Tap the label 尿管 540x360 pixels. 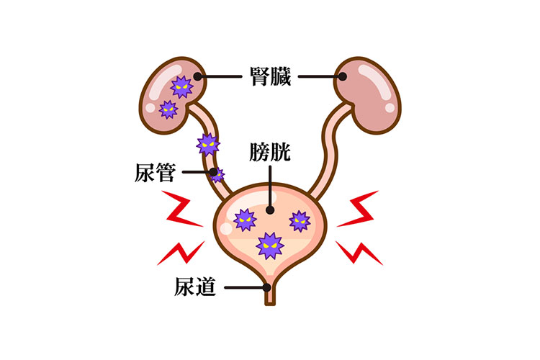pos(156,173)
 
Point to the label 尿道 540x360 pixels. pos(195,287)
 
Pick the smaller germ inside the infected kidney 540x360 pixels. pos(168,109)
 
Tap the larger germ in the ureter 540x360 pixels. pos(207,145)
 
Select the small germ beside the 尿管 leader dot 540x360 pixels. pos(217,174)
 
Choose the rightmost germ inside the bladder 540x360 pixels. pos(299,220)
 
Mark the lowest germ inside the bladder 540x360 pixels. pos(269,245)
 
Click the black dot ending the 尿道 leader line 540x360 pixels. pos(268,288)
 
